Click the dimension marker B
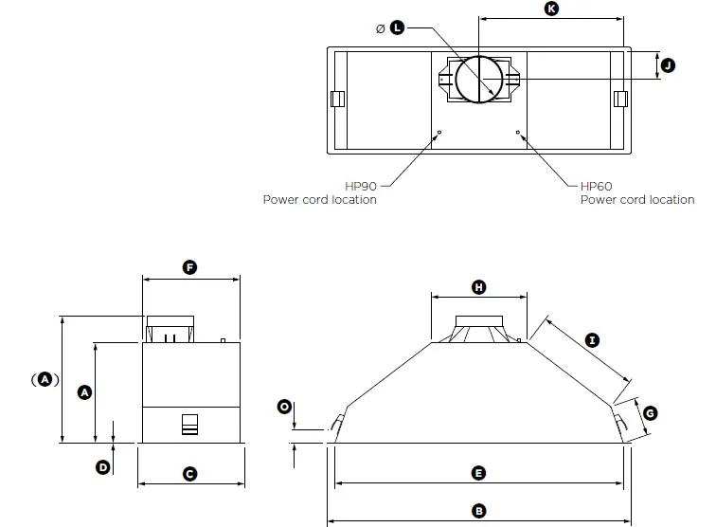479,511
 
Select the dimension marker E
479,472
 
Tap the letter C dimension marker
189,473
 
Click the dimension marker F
189,268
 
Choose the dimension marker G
650,412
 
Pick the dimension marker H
479,286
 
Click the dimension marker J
667,65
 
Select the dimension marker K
551,9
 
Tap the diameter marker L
397,28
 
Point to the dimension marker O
283,407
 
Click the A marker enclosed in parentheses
44,379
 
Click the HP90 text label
361,187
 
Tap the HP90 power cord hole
439,132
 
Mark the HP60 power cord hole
518,132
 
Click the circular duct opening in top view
479,78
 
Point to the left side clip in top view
335,99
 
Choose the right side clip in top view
620,99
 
